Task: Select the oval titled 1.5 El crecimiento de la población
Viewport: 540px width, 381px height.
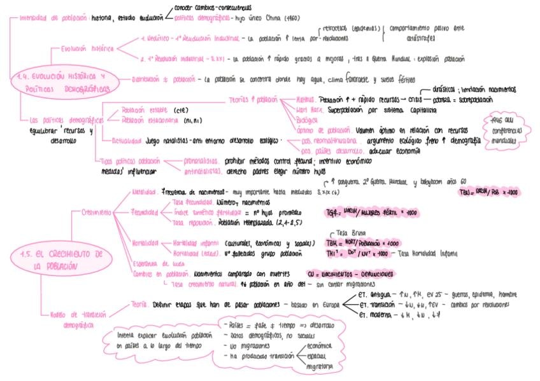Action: pyautogui.click(x=60, y=260)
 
